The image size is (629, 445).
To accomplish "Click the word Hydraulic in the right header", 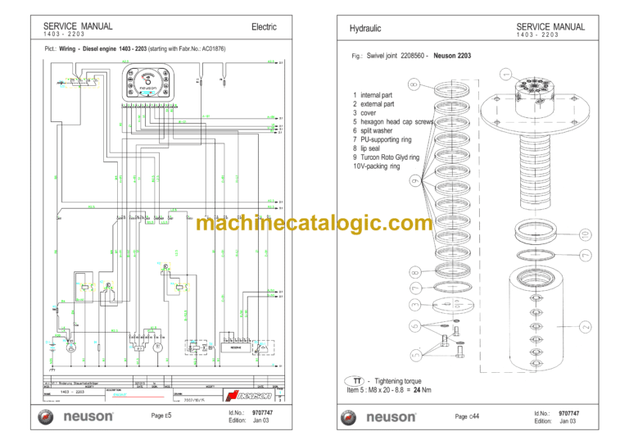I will (x=365, y=29).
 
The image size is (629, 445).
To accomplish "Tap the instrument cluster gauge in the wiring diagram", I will (x=146, y=84).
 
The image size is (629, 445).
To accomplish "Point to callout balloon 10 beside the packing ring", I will (x=584, y=234).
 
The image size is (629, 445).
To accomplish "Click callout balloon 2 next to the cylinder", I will (x=586, y=327).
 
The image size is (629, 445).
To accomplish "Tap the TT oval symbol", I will (x=357, y=382).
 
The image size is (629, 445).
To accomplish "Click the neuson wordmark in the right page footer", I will (x=390, y=417).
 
